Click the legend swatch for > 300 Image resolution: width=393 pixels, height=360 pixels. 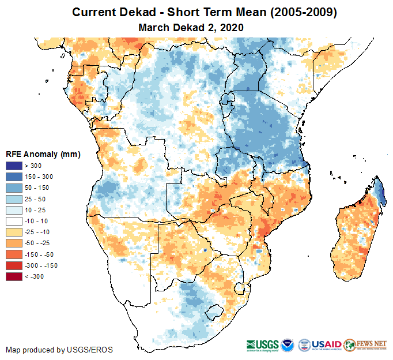click(13, 166)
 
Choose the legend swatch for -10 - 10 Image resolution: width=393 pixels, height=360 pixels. click(13, 221)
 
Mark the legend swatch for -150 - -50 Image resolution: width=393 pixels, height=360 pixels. click(13, 254)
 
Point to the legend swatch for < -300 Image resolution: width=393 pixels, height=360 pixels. click(13, 276)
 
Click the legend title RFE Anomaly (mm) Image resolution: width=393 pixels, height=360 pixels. click(43, 154)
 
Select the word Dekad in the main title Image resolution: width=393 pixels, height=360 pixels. click(137, 12)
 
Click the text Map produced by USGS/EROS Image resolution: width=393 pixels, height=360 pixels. click(59, 350)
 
